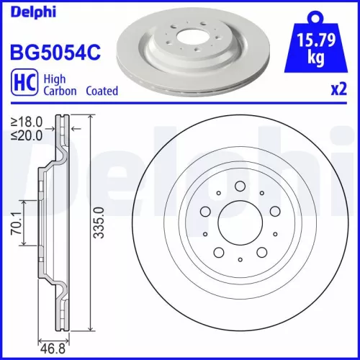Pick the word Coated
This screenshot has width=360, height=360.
[102, 91]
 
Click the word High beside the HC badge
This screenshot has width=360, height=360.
[58, 79]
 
